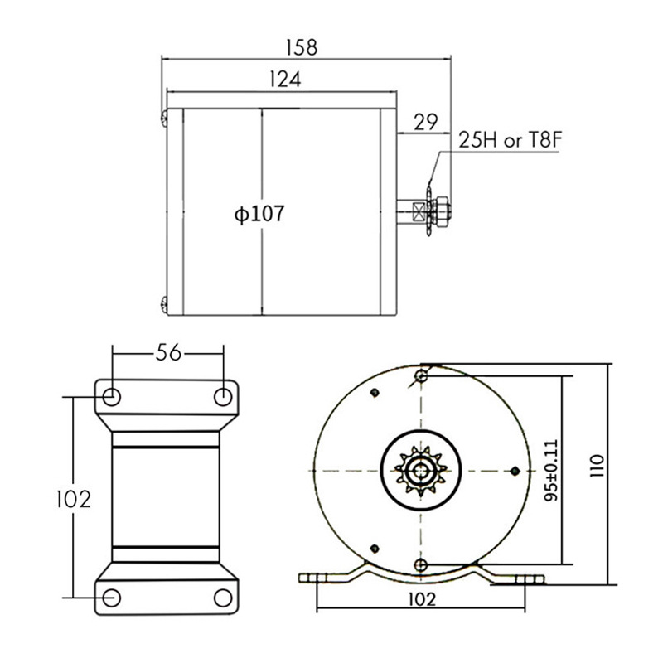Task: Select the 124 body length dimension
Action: pyautogui.click(x=283, y=80)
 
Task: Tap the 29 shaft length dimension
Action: pyautogui.click(x=426, y=122)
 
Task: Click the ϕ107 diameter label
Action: pyautogui.click(x=259, y=214)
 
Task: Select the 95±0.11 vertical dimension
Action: pyautogui.click(x=549, y=468)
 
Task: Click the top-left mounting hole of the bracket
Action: pyautogui.click(x=112, y=396)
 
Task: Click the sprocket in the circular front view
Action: pyautogui.click(x=422, y=472)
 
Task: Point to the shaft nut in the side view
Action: pyautogui.click(x=442, y=209)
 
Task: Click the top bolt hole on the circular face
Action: pyautogui.click(x=422, y=377)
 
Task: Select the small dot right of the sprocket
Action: pyautogui.click(x=515, y=472)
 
